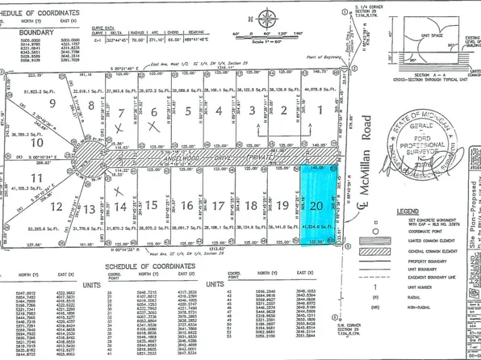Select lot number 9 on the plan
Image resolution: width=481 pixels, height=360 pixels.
tap(53, 103)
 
